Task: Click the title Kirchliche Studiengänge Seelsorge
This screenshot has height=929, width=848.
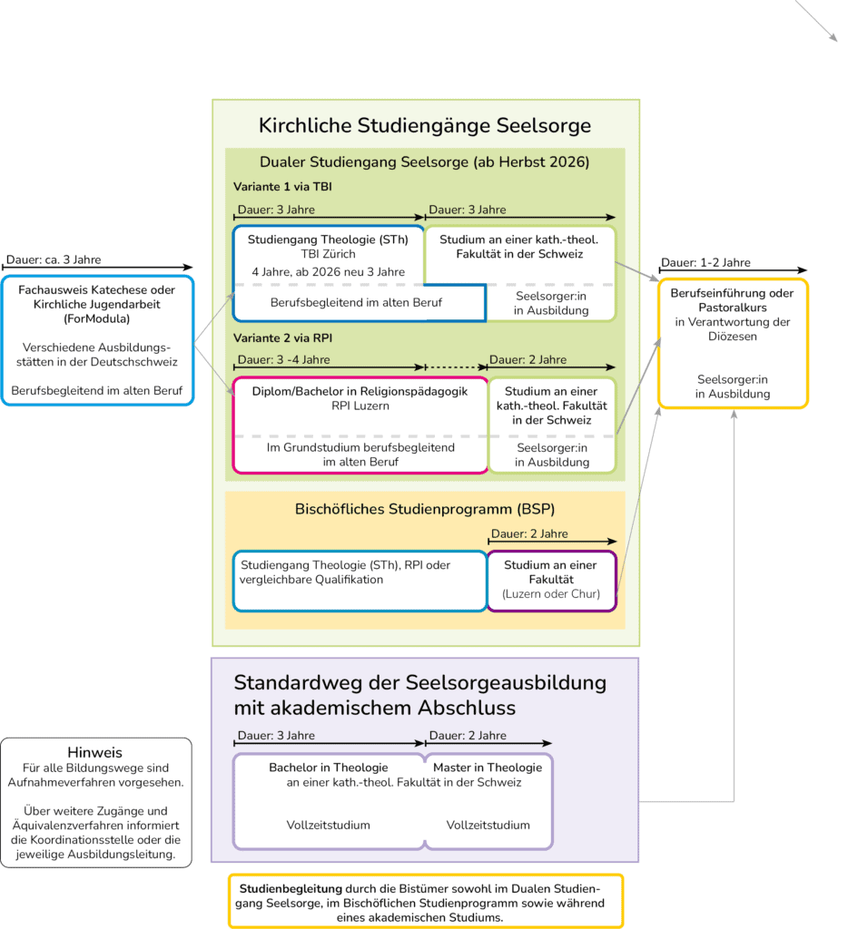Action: coord(425,125)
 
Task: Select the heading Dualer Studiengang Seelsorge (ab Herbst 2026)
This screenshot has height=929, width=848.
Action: coord(425,162)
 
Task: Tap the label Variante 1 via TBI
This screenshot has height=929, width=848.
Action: coord(282,187)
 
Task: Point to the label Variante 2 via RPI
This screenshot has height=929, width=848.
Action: coord(282,338)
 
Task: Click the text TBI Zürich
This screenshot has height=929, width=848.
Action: coord(328,254)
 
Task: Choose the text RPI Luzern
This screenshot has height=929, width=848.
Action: coord(360,406)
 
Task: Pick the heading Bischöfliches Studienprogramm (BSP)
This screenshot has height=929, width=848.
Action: coord(425,510)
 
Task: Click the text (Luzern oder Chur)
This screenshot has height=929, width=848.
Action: coord(551,594)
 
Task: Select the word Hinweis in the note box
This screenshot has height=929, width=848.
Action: coord(95,752)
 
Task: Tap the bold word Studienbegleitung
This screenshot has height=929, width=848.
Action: coord(291,889)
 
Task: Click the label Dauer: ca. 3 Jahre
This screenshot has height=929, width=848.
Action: coord(54,259)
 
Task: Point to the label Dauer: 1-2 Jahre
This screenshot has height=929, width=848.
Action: coord(705,262)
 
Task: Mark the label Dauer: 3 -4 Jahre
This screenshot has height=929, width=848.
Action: coord(283,359)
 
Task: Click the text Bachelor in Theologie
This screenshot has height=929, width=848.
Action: coord(328,768)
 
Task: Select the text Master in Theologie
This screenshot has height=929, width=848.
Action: coord(488,768)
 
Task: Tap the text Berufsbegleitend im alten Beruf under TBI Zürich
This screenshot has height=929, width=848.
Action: coord(356,303)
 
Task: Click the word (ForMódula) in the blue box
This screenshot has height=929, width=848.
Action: coord(96,318)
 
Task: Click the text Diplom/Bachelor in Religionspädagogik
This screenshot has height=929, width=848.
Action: coord(360,392)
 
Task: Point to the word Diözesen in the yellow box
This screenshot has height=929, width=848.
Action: coord(733,337)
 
